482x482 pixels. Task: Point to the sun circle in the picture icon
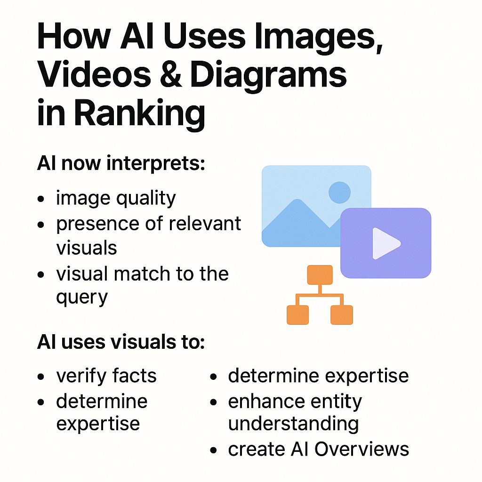point(339,192)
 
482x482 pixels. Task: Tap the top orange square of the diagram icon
point(320,275)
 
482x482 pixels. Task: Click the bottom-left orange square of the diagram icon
point(298,315)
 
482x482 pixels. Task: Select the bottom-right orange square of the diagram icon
point(342,315)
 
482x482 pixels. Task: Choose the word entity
point(336,402)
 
